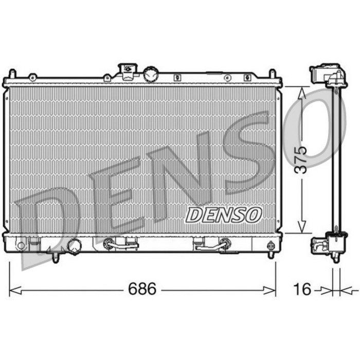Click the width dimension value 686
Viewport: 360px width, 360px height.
click(142, 290)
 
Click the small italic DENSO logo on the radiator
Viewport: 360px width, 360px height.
click(224, 215)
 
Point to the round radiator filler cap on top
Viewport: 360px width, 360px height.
click(151, 75)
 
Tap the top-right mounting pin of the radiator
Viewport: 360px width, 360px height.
click(273, 74)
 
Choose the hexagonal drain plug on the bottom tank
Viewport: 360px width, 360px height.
click(74, 246)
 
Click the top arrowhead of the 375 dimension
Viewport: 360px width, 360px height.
click(302, 92)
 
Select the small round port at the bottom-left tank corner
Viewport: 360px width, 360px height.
click(21, 245)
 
